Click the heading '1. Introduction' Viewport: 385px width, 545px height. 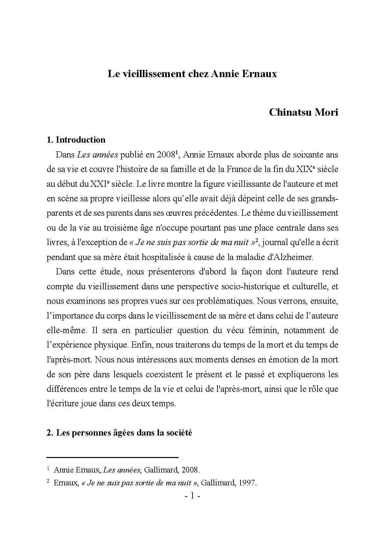pyautogui.click(x=76, y=140)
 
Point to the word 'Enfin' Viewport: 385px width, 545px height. pyautogui.click(x=141, y=345)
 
